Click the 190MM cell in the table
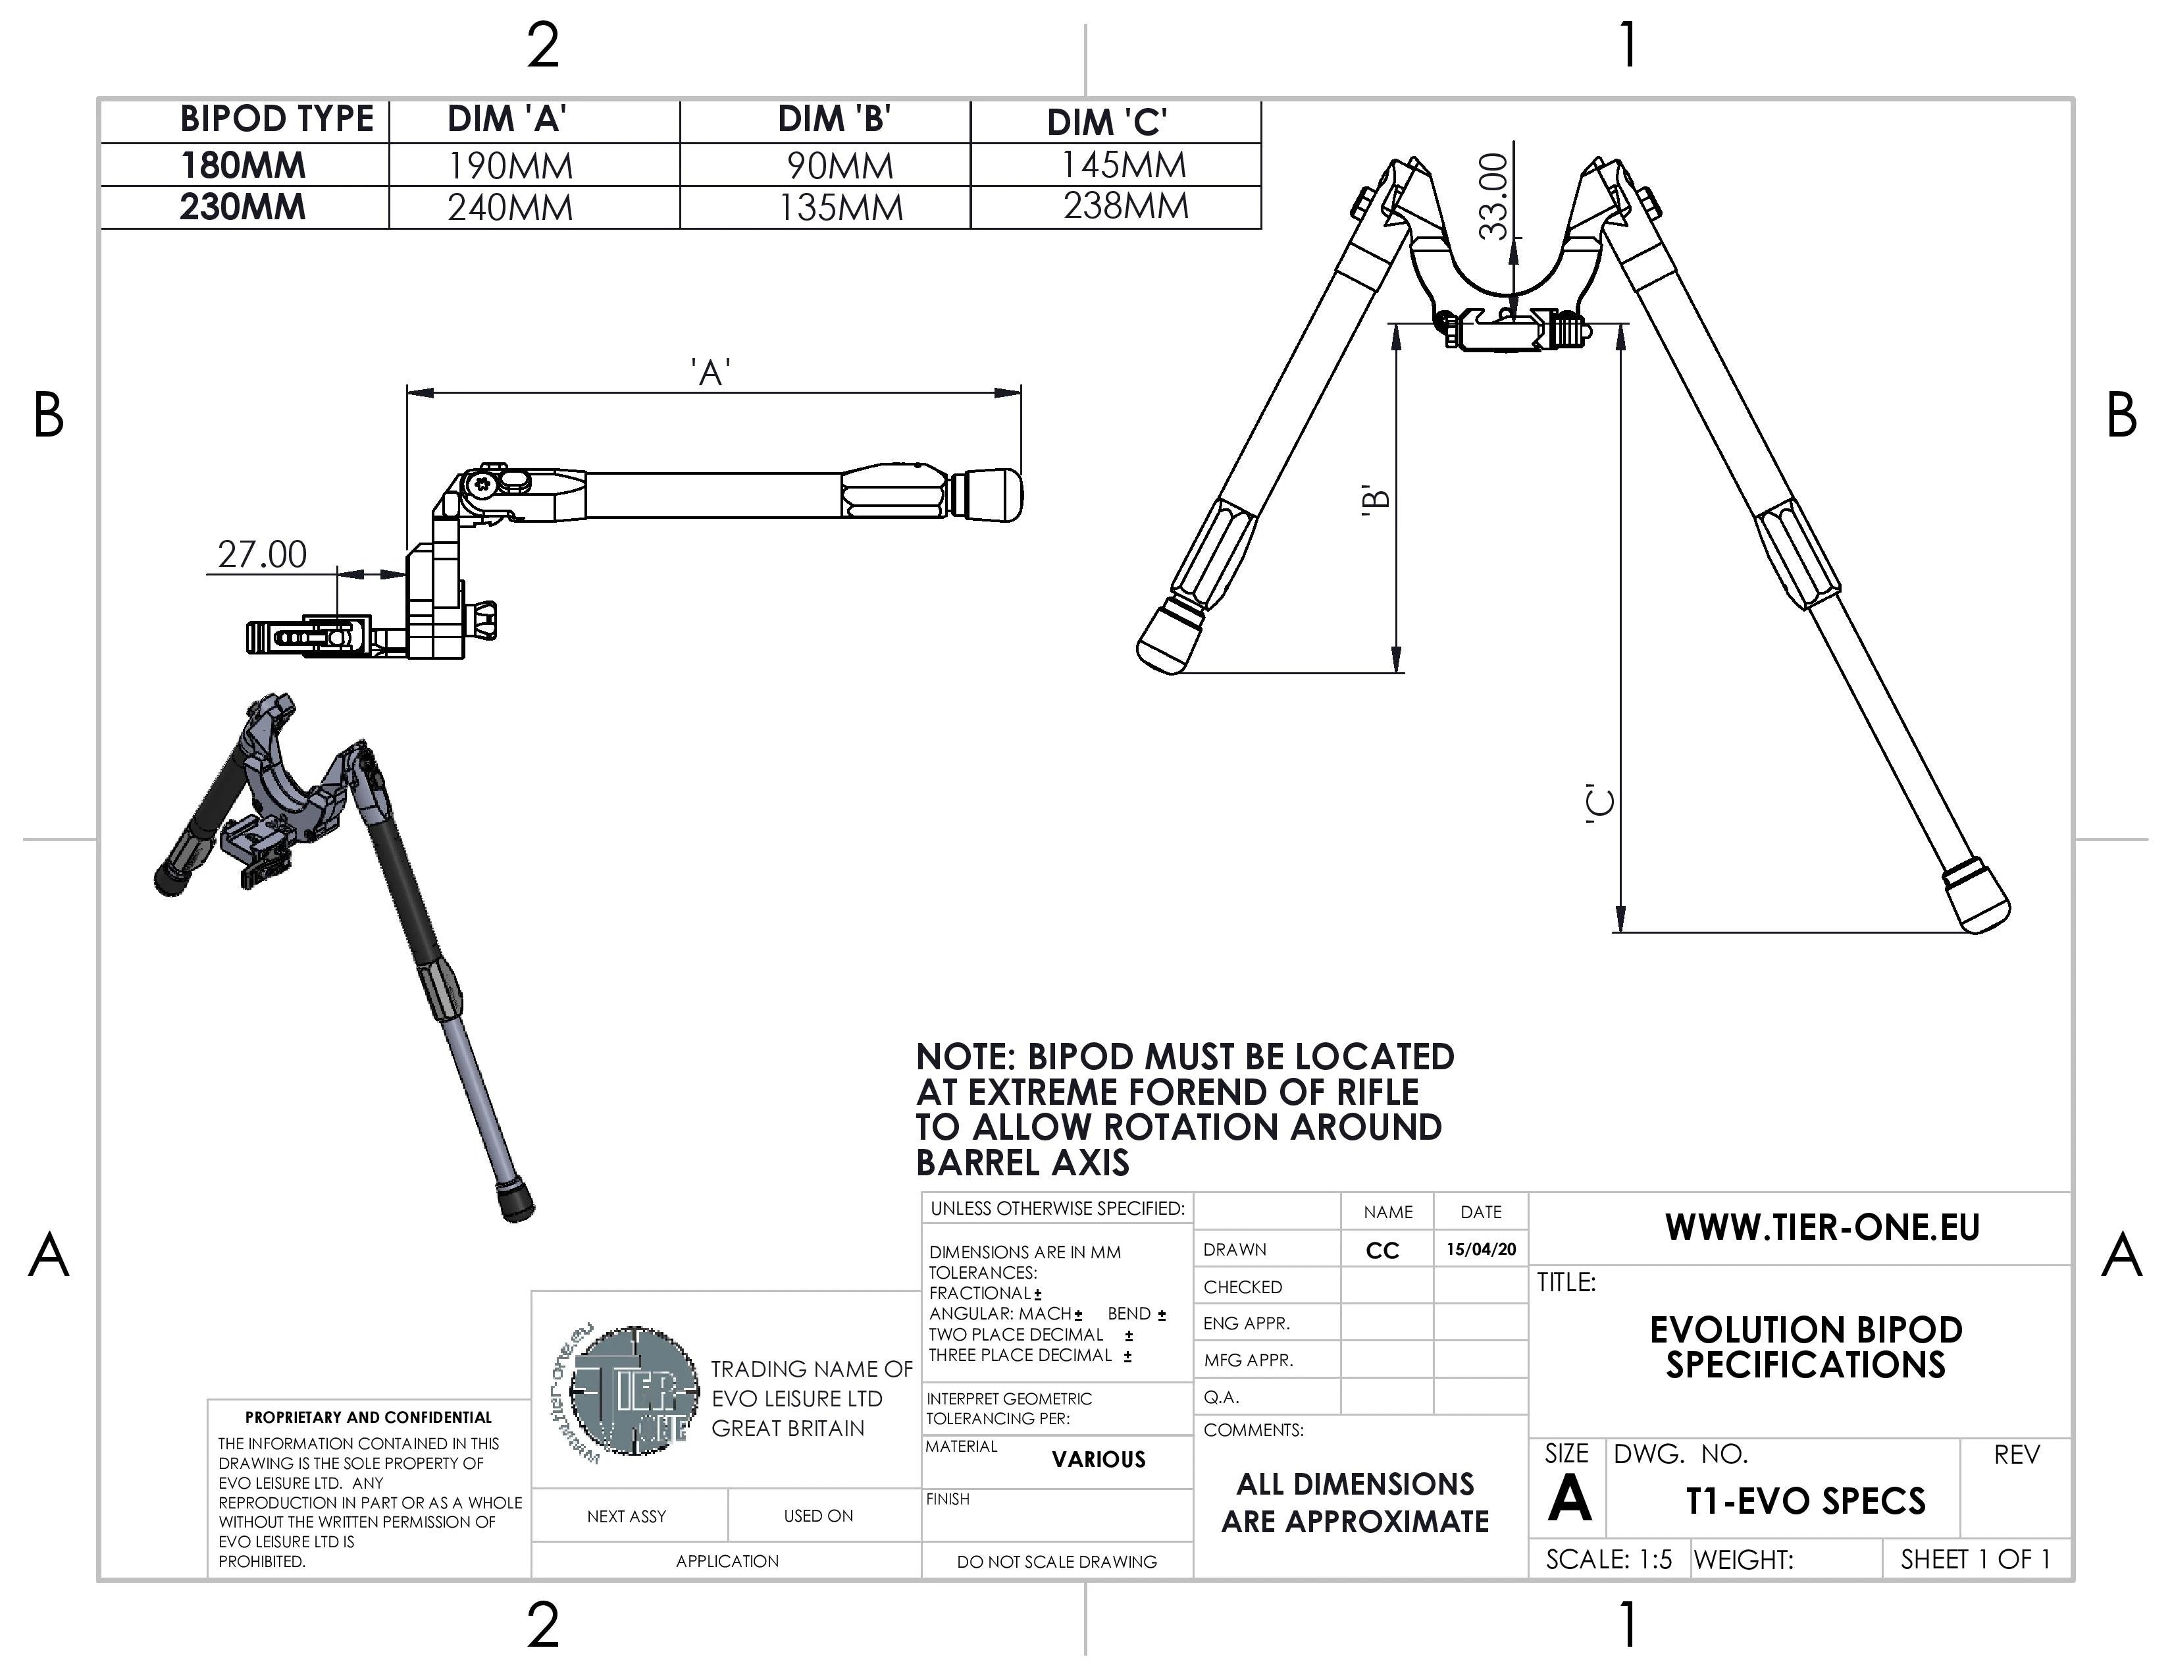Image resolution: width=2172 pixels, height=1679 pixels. tap(510, 166)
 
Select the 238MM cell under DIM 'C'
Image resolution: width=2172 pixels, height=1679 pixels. tap(1125, 206)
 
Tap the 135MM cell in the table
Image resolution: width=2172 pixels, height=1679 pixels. tap(840, 208)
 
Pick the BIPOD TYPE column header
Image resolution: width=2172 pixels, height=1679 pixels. tap(276, 119)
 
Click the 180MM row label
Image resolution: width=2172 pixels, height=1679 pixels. tap(243, 165)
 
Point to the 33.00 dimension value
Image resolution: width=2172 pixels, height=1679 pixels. tap(1494, 197)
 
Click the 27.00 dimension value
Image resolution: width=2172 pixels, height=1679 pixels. tap(263, 554)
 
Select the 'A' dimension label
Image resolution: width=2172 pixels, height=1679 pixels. tap(711, 373)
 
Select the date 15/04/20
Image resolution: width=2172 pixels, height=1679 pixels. tap(1481, 1249)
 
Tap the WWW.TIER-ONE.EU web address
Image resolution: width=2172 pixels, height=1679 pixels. tap(1822, 1227)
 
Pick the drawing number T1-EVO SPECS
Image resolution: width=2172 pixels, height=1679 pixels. tap(1805, 1501)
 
